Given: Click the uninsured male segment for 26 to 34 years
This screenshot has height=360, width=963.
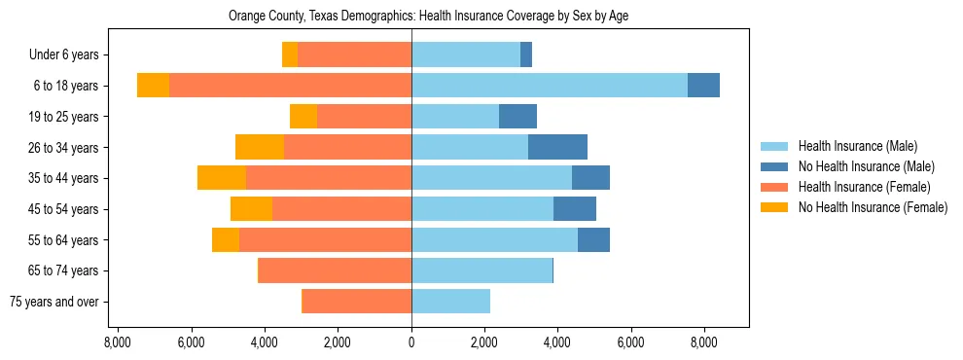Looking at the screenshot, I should [x=557, y=147].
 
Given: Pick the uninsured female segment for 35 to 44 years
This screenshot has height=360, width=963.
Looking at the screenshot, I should [x=222, y=178].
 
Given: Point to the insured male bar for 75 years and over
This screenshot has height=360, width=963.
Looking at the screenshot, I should [x=450, y=302].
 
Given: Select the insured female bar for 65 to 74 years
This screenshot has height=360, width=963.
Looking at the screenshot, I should [x=335, y=270].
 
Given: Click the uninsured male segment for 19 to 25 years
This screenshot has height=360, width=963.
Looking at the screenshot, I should [x=517, y=117].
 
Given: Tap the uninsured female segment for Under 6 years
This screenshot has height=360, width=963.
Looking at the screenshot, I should [x=290, y=54].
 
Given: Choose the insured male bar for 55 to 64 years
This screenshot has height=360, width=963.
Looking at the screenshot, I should [x=494, y=239].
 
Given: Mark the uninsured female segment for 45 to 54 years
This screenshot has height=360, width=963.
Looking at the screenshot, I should [x=251, y=209].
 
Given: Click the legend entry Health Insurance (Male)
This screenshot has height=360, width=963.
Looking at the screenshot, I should [x=857, y=146].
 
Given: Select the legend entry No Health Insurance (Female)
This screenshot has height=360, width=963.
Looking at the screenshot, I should [x=873, y=207].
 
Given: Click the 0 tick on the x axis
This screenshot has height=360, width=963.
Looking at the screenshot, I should [x=411, y=342].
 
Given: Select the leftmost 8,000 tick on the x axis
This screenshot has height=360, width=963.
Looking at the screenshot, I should [x=117, y=342].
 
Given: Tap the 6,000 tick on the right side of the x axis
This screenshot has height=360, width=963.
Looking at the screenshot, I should [x=631, y=342].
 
